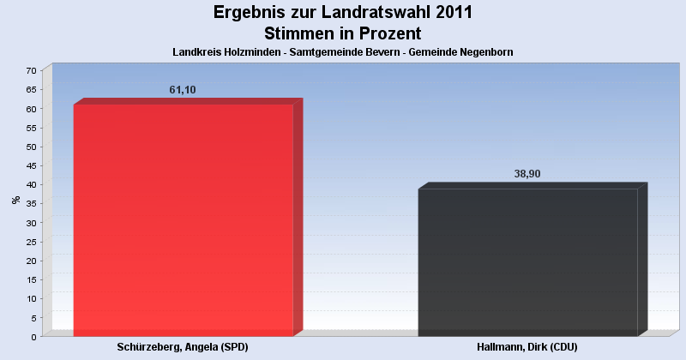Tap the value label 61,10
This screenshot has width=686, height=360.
click(x=183, y=90)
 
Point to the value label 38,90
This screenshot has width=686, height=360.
click(x=527, y=174)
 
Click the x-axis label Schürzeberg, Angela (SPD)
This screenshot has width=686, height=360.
click(x=183, y=346)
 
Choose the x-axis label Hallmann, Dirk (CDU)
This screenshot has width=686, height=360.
click(x=527, y=346)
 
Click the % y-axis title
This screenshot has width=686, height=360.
click(x=16, y=200)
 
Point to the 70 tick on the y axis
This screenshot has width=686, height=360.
click(x=32, y=70)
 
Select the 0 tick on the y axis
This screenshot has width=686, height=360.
click(x=34, y=336)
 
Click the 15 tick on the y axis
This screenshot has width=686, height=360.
click(x=32, y=279)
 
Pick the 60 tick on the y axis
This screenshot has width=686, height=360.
click(x=32, y=109)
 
